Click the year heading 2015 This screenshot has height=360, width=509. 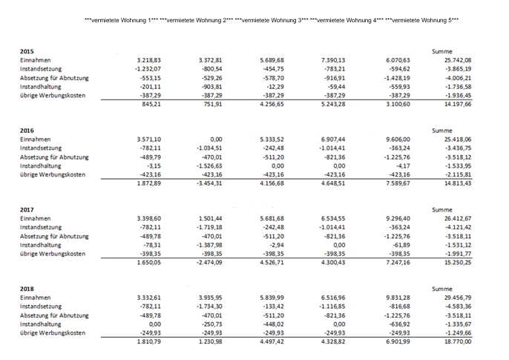[x=27, y=51]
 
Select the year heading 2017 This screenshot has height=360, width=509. [x=27, y=210]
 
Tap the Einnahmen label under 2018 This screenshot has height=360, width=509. [x=36, y=298]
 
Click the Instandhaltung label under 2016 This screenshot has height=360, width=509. [x=41, y=166]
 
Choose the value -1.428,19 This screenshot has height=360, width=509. [x=397, y=78]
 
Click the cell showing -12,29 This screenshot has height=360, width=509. [x=277, y=87]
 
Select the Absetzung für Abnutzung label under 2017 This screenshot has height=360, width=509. [x=54, y=236]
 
